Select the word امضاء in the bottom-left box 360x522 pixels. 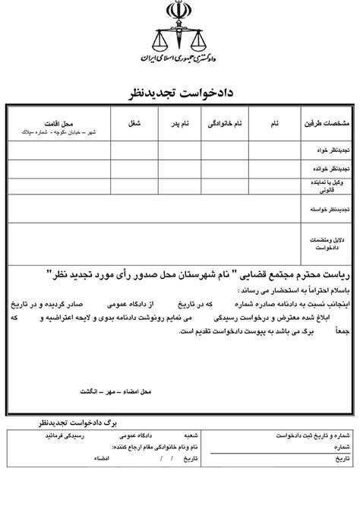point(99,459)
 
